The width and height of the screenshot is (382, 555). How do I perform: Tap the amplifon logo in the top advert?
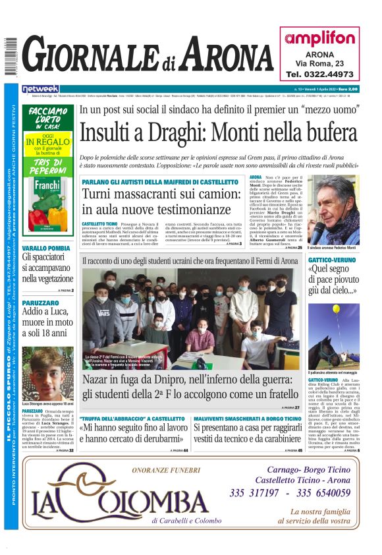(x=320, y=38)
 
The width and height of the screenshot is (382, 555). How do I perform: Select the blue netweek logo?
(x=40, y=88)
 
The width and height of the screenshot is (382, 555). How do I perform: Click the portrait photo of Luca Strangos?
(x=48, y=372)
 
